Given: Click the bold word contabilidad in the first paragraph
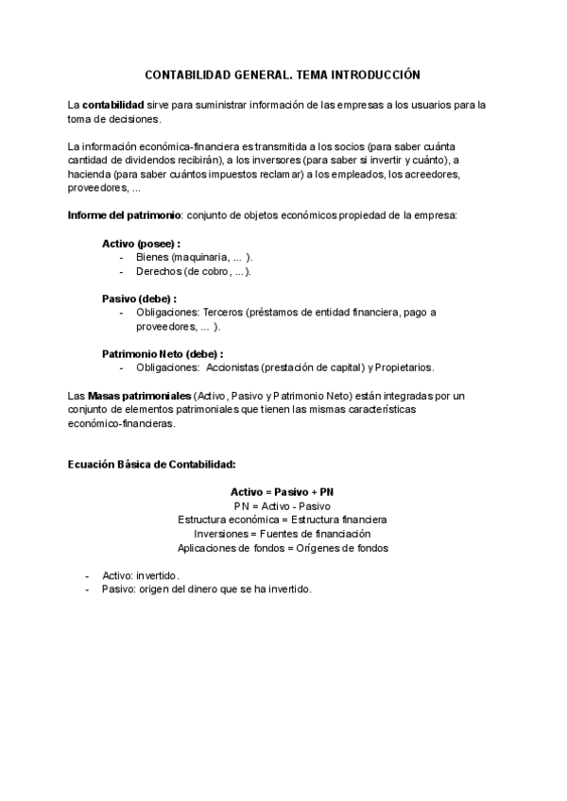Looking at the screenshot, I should (x=113, y=104).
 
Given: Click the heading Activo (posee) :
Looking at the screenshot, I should (x=141, y=244).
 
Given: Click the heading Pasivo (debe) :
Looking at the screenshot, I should (x=139, y=298).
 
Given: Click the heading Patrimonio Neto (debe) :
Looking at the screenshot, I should (x=163, y=353).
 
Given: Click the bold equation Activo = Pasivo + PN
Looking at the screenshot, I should (x=283, y=492).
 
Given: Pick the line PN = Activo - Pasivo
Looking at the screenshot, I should (x=283, y=505).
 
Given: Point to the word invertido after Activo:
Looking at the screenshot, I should (x=157, y=575).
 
